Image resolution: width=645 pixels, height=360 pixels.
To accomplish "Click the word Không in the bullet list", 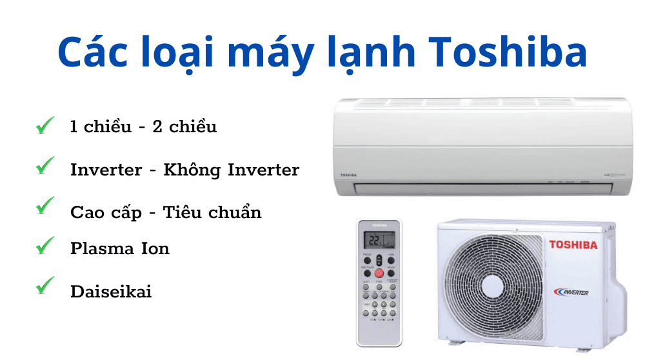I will click(x=190, y=170).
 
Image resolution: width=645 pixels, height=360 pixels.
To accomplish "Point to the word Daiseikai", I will click(x=111, y=291).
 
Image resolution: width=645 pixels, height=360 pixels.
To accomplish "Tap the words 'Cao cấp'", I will click(x=106, y=213).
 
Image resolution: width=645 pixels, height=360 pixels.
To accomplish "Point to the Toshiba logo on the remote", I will click(x=379, y=225).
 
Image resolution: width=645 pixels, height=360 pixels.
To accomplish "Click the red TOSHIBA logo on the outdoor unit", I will click(x=573, y=245).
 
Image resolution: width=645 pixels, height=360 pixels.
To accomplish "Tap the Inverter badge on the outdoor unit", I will click(x=571, y=292).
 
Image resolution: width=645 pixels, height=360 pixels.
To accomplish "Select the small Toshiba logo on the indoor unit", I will click(x=348, y=175).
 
